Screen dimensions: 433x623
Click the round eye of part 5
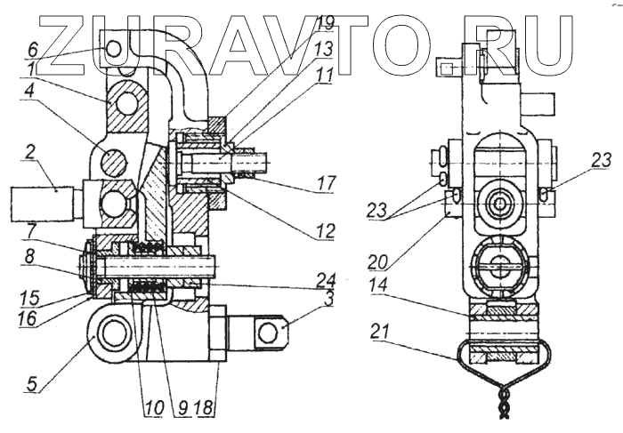coord(114,335)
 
